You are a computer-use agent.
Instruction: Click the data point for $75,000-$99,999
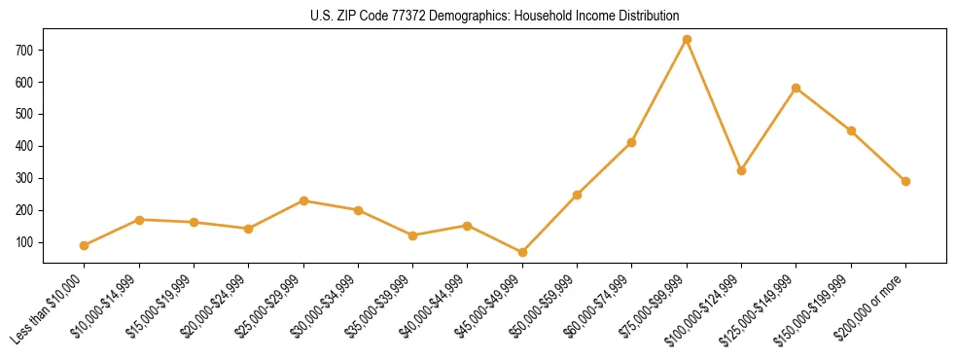687,40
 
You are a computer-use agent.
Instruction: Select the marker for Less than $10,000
85,245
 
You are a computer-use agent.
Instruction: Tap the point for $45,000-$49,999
522,252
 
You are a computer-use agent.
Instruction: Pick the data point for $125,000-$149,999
797,89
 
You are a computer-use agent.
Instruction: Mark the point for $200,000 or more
905,181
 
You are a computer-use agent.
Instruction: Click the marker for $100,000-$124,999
741,170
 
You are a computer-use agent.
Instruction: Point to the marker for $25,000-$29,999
303,200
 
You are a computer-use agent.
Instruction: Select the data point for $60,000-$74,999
632,142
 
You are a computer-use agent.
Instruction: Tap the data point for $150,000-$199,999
851,130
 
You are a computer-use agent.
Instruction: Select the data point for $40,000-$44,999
468,226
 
